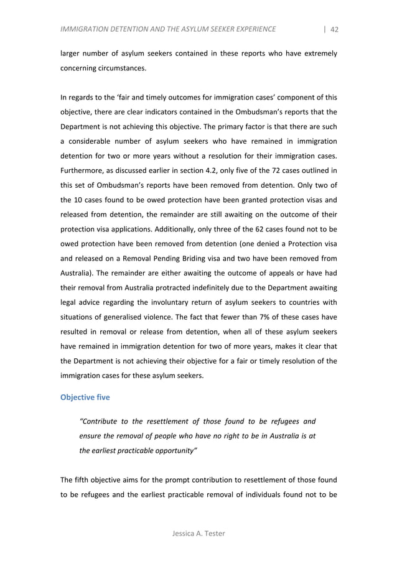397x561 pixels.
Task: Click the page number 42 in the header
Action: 334,29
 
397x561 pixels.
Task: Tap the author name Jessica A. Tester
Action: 198,533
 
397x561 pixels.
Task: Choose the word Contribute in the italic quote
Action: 104,420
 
